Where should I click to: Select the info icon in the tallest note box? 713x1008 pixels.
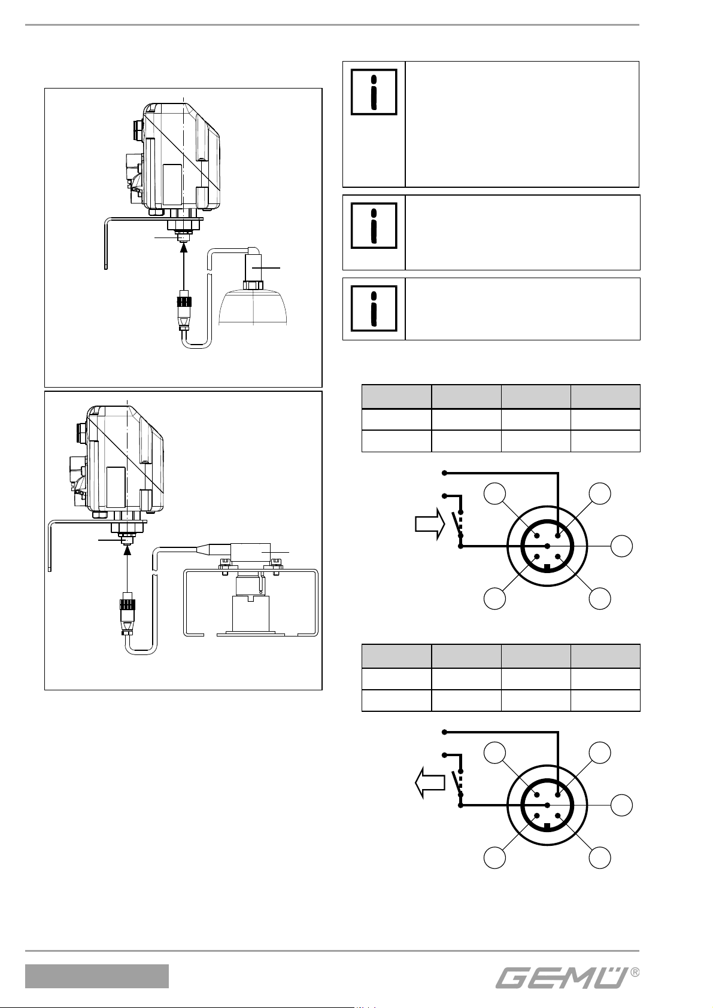[374, 92]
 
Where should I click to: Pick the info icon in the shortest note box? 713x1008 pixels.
[374, 309]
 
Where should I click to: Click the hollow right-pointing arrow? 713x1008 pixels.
[430, 524]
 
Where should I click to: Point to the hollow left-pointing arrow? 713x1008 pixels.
[430, 784]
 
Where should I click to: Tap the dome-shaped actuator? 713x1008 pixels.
[253, 307]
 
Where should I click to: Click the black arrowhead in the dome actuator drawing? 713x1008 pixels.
[183, 248]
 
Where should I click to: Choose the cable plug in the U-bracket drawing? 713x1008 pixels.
[128, 614]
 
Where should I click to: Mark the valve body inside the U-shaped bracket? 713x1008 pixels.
[250, 605]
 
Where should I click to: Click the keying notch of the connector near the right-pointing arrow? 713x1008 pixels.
[547, 568]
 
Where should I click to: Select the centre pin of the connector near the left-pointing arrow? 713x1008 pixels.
[547, 805]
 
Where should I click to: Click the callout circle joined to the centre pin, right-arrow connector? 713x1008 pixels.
[622, 546]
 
